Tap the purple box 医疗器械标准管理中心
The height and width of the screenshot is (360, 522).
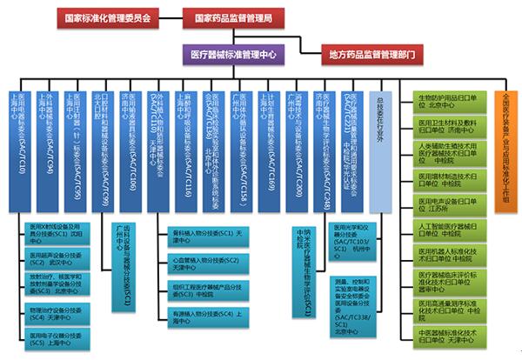(232, 53)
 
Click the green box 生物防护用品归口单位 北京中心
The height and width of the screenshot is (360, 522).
(452, 103)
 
